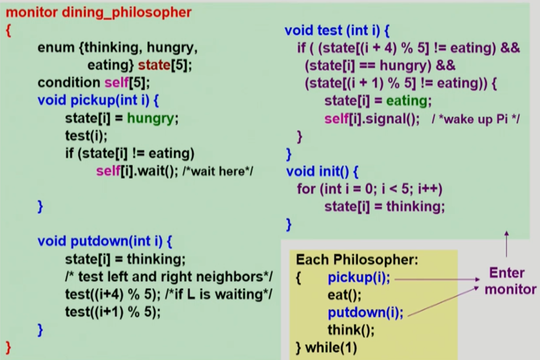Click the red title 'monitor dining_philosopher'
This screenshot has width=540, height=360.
pyautogui.click(x=99, y=13)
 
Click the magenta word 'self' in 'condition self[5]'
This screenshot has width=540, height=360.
pyautogui.click(x=116, y=82)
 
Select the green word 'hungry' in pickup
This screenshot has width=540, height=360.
pyautogui.click(x=150, y=118)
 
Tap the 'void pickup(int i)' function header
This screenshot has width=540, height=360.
pyautogui.click(x=98, y=100)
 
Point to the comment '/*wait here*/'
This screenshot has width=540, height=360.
pyautogui.click(x=217, y=171)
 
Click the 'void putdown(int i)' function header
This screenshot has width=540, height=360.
pyautogui.click(x=104, y=241)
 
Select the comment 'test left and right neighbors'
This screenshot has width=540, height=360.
pyautogui.click(x=169, y=277)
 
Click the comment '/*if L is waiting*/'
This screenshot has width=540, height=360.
pyautogui.click(x=218, y=294)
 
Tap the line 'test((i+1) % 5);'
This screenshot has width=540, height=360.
pyautogui.click(x=113, y=312)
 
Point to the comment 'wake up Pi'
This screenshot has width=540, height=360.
pyautogui.click(x=475, y=119)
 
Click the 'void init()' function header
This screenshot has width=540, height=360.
pyautogui.click(x=322, y=171)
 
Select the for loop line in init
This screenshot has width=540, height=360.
pyautogui.click(x=369, y=189)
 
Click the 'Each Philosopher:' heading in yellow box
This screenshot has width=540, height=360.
pyautogui.click(x=357, y=260)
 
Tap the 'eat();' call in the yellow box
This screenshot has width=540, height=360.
pyautogui.click(x=344, y=295)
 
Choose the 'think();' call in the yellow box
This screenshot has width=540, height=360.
pyautogui.click(x=351, y=330)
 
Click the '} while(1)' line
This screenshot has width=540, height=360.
pyautogui.click(x=326, y=348)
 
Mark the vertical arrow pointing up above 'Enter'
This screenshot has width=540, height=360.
pyautogui.click(x=506, y=244)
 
